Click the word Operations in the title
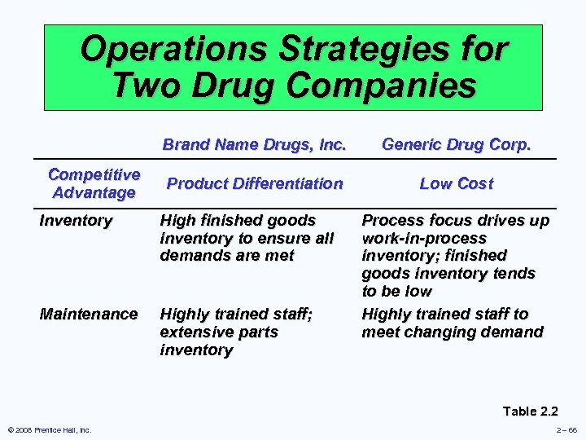(x=174, y=51)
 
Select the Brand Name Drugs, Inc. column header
(x=254, y=146)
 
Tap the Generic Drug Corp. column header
(x=456, y=146)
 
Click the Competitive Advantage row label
(x=94, y=183)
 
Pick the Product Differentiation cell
(x=254, y=183)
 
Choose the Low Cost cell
(x=456, y=183)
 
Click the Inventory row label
(x=76, y=220)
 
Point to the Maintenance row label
(x=89, y=314)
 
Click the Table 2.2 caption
(x=530, y=411)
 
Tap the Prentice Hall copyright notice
(x=48, y=430)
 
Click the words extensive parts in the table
(x=219, y=332)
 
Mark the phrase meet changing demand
(x=452, y=332)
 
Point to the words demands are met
(x=227, y=256)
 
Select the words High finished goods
(x=238, y=220)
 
